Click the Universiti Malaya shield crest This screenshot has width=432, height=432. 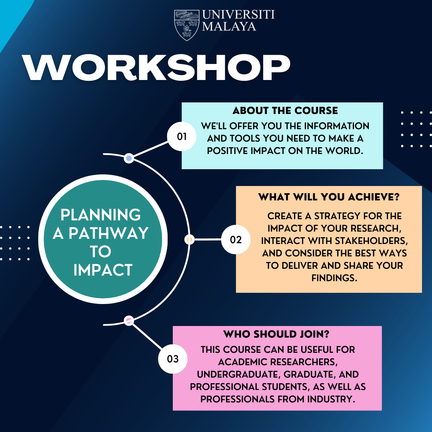pyautogui.click(x=186, y=25)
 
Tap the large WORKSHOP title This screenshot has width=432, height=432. pyautogui.click(x=156, y=68)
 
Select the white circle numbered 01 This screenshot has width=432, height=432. pyautogui.click(x=182, y=136)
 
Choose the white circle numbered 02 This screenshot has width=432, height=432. pyautogui.click(x=236, y=240)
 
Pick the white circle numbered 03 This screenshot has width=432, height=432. pyautogui.click(x=173, y=359)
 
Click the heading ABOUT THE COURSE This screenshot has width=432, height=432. pyautogui.click(x=285, y=110)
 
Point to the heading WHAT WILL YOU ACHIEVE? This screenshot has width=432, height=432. pyautogui.click(x=329, y=197)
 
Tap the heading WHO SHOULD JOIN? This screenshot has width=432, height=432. pyautogui.click(x=276, y=334)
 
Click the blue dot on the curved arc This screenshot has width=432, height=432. pyautogui.click(x=129, y=158)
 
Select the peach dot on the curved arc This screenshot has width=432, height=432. pyautogui.click(x=189, y=240)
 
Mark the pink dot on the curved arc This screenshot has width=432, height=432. pyautogui.click(x=129, y=321)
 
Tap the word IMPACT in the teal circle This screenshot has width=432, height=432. pyautogui.click(x=103, y=270)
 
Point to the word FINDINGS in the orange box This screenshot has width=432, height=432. pyautogui.click(x=334, y=278)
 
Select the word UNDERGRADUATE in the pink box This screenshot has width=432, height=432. pyautogui.click(x=238, y=374)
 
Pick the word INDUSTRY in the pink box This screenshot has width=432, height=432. pyautogui.click(x=331, y=399)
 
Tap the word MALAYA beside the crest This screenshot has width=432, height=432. pyautogui.click(x=229, y=26)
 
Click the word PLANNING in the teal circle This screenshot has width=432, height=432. pyautogui.click(x=100, y=215)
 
